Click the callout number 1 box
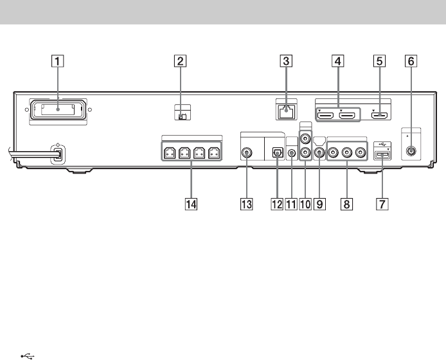(58, 62)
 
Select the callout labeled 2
(181, 62)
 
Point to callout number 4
(337, 62)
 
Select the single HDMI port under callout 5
(379, 116)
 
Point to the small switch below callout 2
(182, 116)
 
